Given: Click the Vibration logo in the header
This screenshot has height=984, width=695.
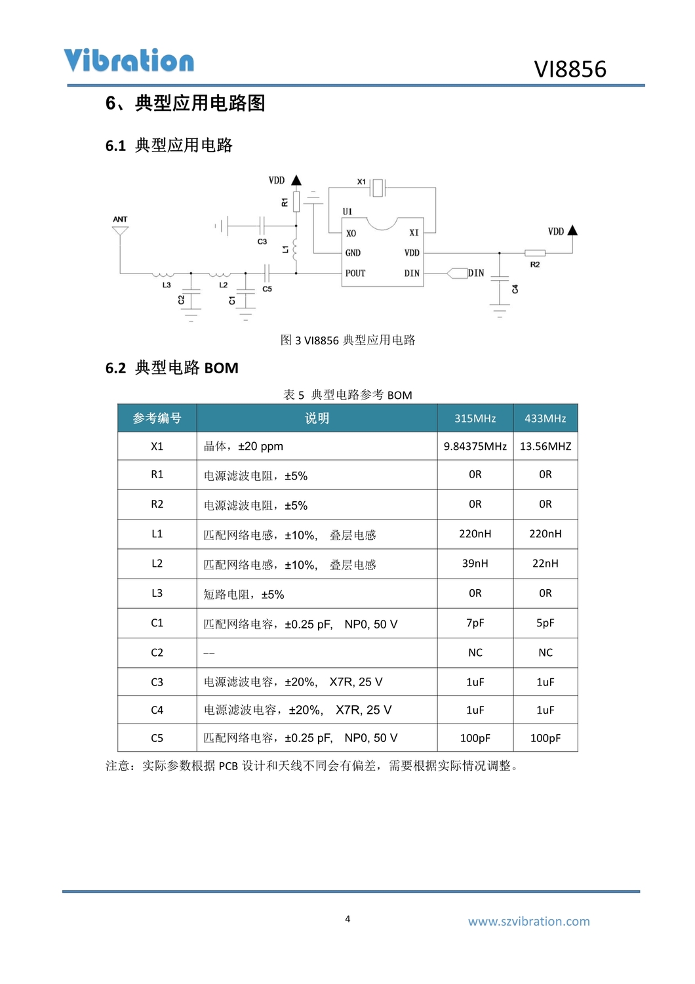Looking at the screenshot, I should click(x=129, y=60).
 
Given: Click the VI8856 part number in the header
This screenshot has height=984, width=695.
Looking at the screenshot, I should click(x=570, y=69).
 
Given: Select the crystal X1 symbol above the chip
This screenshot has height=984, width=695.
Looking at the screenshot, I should click(x=378, y=188).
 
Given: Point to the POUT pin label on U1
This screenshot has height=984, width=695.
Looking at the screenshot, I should click(x=355, y=273).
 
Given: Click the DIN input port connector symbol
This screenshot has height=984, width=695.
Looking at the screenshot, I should click(x=457, y=273).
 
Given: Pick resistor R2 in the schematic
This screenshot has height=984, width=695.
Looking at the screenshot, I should click(x=535, y=253).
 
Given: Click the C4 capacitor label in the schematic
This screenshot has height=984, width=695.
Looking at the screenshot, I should click(x=515, y=289).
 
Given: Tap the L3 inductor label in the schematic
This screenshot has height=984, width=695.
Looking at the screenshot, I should click(x=167, y=285).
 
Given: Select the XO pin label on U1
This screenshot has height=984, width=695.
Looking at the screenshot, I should click(x=351, y=233).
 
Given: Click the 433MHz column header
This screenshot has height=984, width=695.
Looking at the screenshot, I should click(x=545, y=419).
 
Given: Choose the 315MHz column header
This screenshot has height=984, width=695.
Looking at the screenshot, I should click(x=475, y=419).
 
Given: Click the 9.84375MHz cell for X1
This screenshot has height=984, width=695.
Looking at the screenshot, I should click(x=475, y=447).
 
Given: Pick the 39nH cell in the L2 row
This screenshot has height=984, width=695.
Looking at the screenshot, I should click(x=475, y=564).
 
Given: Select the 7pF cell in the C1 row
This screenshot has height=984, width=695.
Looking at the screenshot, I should click(x=475, y=623).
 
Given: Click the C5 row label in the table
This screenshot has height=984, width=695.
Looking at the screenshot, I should click(x=157, y=738).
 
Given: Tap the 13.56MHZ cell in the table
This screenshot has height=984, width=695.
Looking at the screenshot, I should click(x=545, y=447).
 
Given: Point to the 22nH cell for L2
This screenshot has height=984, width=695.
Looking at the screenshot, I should click(x=545, y=564).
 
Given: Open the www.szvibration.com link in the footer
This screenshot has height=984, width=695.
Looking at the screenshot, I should click(x=528, y=922).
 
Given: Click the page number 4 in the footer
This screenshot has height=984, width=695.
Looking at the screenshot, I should click(x=347, y=919).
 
